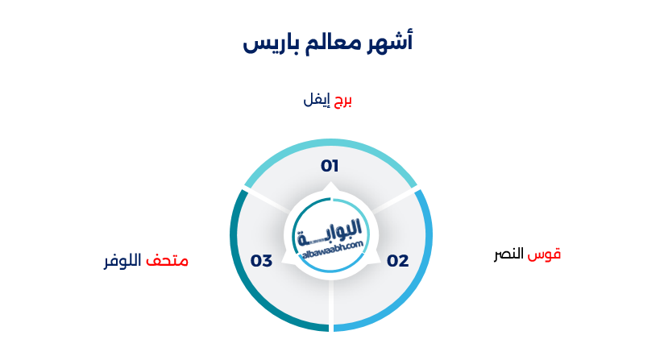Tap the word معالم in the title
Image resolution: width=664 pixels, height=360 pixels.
[331, 42]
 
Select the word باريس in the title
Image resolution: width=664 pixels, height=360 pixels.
[268, 42]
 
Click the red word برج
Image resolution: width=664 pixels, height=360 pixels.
[343, 100]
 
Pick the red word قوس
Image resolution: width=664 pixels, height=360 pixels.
[547, 254]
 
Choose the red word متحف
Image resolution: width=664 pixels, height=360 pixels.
[167, 261]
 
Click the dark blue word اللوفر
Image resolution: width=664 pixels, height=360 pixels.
[122, 261]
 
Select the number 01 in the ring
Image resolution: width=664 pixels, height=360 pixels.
[330, 166]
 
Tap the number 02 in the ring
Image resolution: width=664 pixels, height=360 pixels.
[398, 261]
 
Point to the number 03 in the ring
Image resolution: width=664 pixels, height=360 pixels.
[261, 261]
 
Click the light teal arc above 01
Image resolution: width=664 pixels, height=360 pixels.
[330, 144]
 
